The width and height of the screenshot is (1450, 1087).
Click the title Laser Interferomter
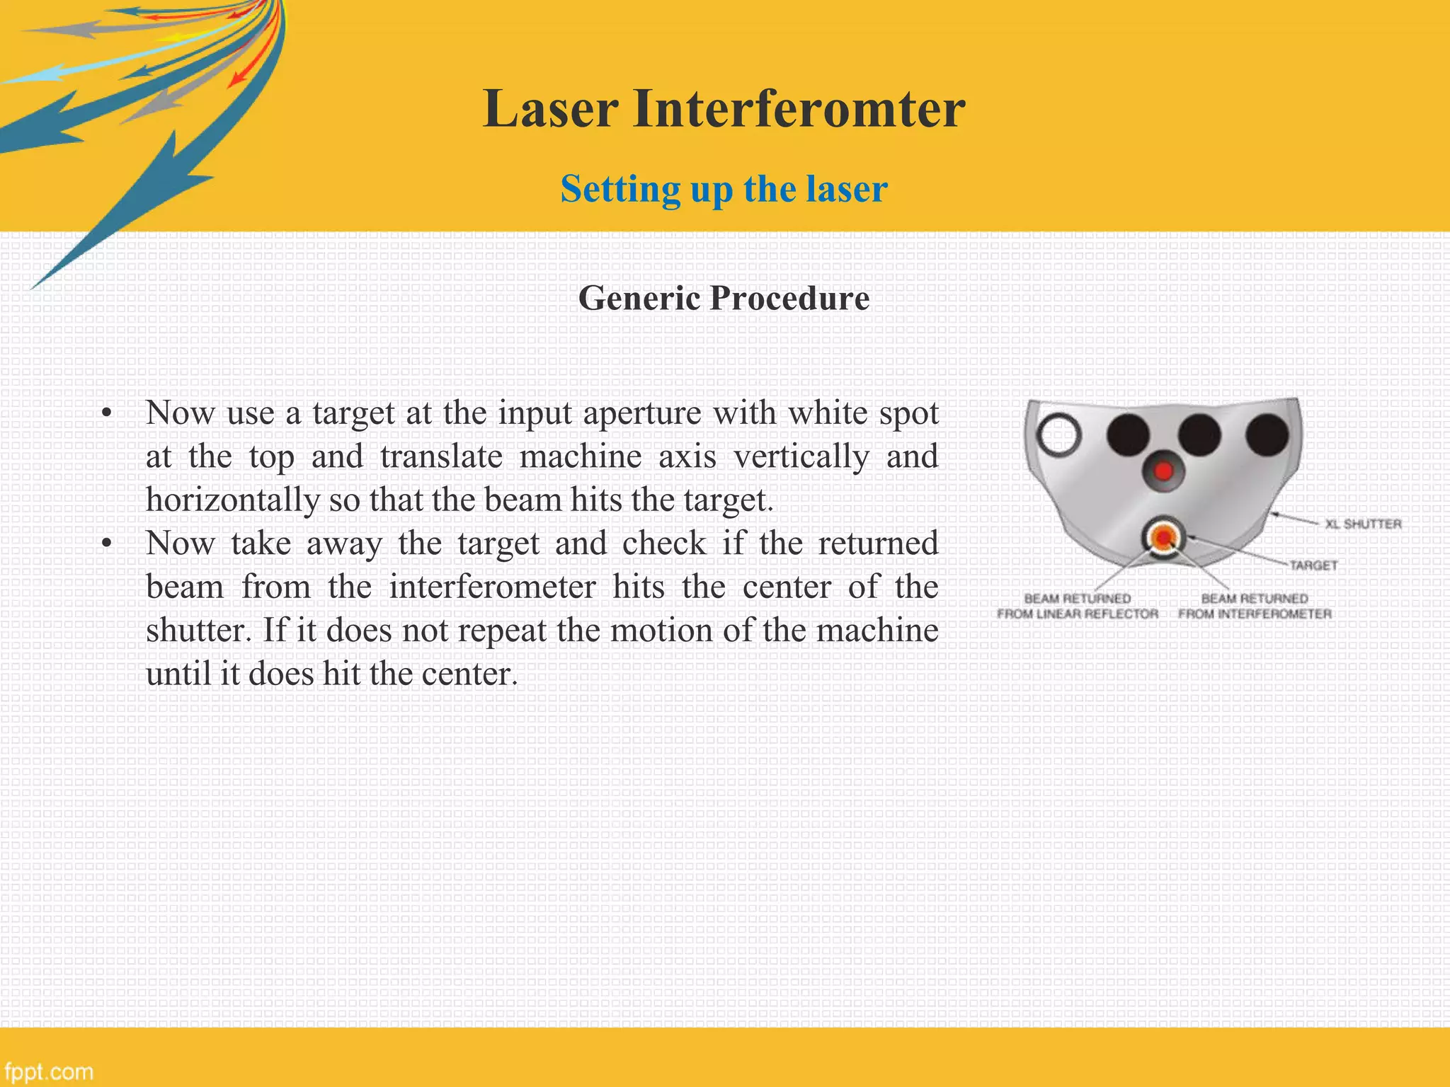click(x=724, y=110)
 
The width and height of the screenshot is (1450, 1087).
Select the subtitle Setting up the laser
click(x=724, y=189)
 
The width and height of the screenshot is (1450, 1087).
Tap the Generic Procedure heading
click(x=724, y=298)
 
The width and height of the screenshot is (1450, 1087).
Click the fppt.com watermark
click(x=48, y=1071)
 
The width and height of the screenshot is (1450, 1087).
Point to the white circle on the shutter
click(x=1059, y=434)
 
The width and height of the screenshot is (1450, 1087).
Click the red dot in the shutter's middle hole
click(x=1163, y=471)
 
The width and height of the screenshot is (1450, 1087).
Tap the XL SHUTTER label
click(x=1363, y=524)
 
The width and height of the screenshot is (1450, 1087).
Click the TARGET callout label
click(x=1313, y=565)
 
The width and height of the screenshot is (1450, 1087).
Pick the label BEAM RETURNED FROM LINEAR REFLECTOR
click(x=1078, y=606)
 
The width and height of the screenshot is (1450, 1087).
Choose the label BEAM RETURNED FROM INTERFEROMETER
click(x=1255, y=606)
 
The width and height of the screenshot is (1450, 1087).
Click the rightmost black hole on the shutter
click(x=1267, y=434)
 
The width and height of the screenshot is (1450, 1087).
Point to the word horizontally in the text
click(x=232, y=500)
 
